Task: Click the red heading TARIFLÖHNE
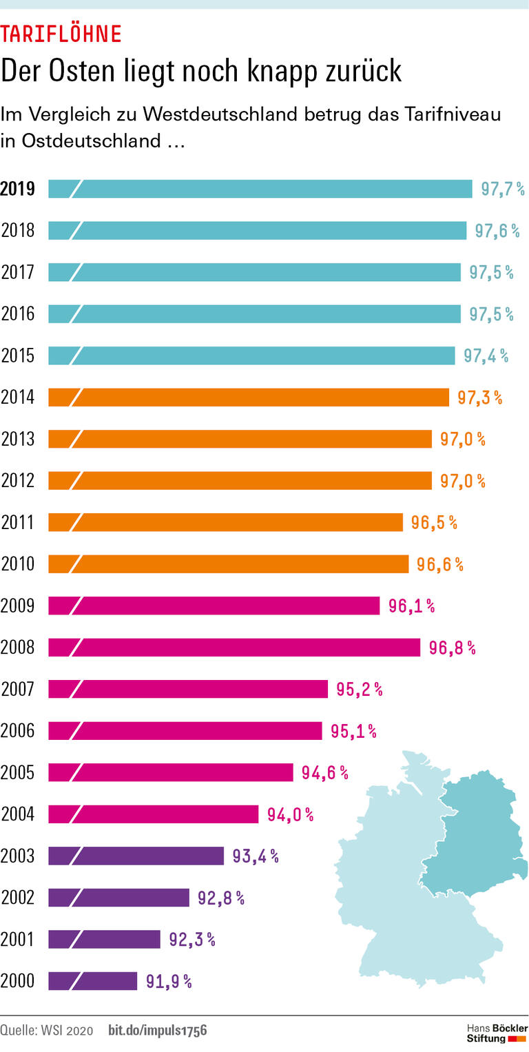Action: (x=61, y=34)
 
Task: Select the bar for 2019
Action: (x=260, y=189)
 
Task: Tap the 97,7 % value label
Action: (x=502, y=189)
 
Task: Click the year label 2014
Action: (x=18, y=398)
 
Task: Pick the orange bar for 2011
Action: (x=225, y=522)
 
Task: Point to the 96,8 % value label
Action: (x=452, y=648)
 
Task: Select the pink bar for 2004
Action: (x=153, y=814)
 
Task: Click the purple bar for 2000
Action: (x=93, y=981)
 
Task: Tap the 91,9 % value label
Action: (x=169, y=982)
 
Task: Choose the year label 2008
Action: (x=18, y=648)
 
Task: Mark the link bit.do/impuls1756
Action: (x=158, y=1031)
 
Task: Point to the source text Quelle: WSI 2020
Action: (x=46, y=1031)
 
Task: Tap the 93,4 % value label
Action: (x=255, y=856)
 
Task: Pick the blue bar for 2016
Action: (x=254, y=314)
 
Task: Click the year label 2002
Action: (x=18, y=898)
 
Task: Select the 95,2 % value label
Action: (x=359, y=689)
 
